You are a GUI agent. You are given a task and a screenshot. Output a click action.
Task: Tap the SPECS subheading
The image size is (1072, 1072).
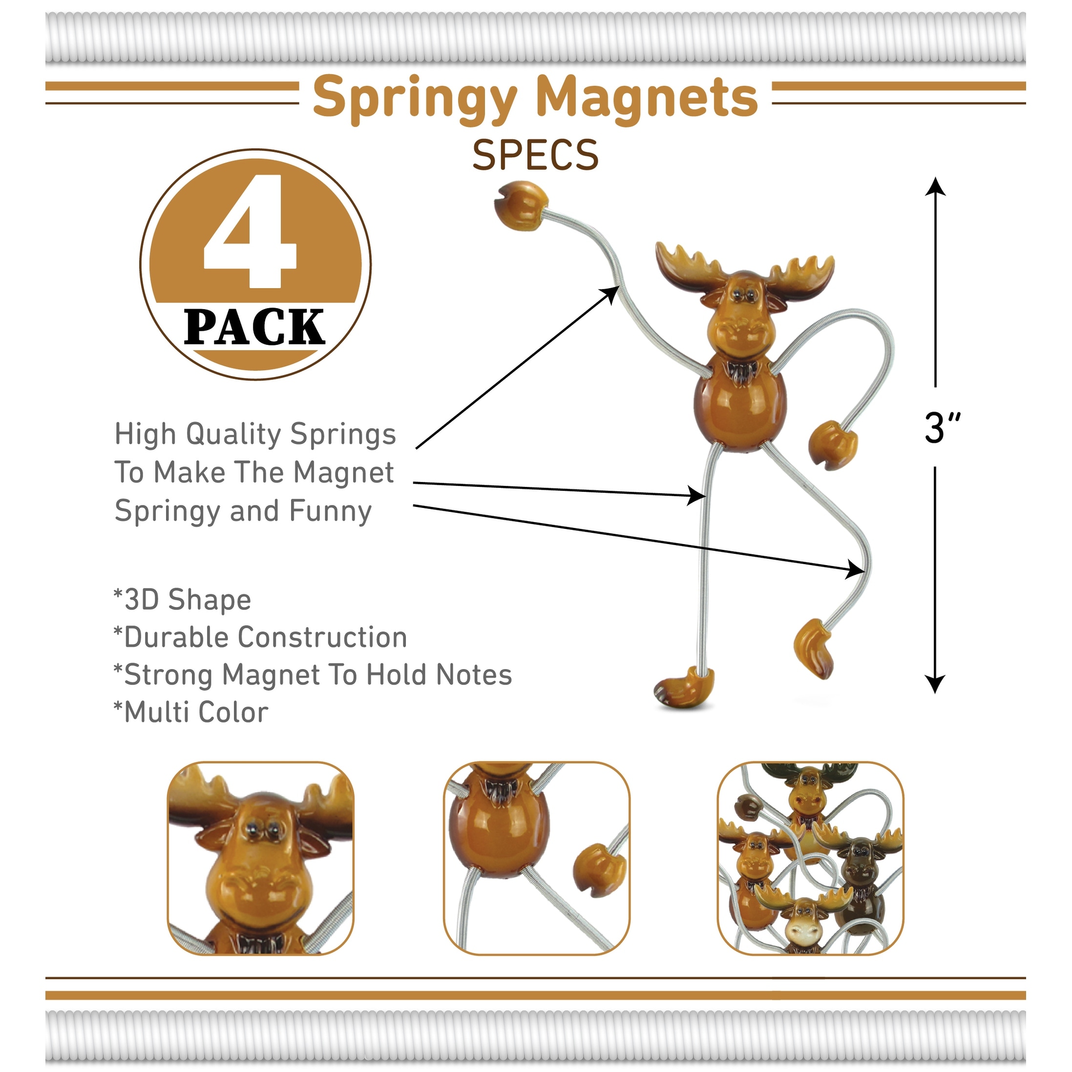click(535, 155)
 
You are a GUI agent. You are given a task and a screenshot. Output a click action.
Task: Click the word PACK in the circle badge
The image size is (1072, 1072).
click(254, 327)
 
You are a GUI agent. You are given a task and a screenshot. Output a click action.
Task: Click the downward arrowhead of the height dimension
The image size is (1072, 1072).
click(936, 684)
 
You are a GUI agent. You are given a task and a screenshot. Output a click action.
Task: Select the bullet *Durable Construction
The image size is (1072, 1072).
click(260, 637)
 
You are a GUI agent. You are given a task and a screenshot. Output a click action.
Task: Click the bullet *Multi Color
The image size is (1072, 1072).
click(191, 713)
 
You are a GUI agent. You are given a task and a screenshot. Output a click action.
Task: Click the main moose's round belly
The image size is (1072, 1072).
click(740, 409)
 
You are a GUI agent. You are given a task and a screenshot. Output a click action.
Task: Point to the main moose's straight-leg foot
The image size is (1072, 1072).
click(684, 688)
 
